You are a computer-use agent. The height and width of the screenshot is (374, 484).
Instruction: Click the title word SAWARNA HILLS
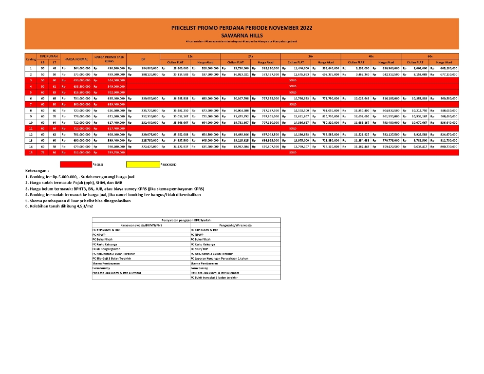[x=242, y=36]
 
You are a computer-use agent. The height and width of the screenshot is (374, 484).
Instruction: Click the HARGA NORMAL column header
[x=76, y=59]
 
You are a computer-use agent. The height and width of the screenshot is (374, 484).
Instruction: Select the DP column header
[x=143, y=59]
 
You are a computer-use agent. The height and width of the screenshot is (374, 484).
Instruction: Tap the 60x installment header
[x=430, y=56]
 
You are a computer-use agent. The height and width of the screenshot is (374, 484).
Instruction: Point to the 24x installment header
[x=250, y=56]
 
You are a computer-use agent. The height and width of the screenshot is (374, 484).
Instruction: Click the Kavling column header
[x=30, y=59]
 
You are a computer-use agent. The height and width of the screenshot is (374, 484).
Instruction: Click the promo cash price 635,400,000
[x=115, y=98]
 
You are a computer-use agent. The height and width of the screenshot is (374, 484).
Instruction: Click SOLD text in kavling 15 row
[x=293, y=152]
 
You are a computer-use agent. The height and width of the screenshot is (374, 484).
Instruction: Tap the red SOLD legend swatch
[x=75, y=165]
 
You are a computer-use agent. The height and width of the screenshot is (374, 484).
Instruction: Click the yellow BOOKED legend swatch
[x=143, y=165]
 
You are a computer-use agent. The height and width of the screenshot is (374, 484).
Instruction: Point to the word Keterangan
[x=38, y=171]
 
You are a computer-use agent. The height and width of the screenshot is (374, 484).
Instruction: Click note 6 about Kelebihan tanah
[x=59, y=206]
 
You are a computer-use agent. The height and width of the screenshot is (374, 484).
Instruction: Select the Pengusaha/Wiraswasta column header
[x=235, y=225]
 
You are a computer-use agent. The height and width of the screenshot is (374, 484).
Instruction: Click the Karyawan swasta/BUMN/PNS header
[x=141, y=225]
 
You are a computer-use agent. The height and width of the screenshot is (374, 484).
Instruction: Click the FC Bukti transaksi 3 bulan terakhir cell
[x=215, y=277]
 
